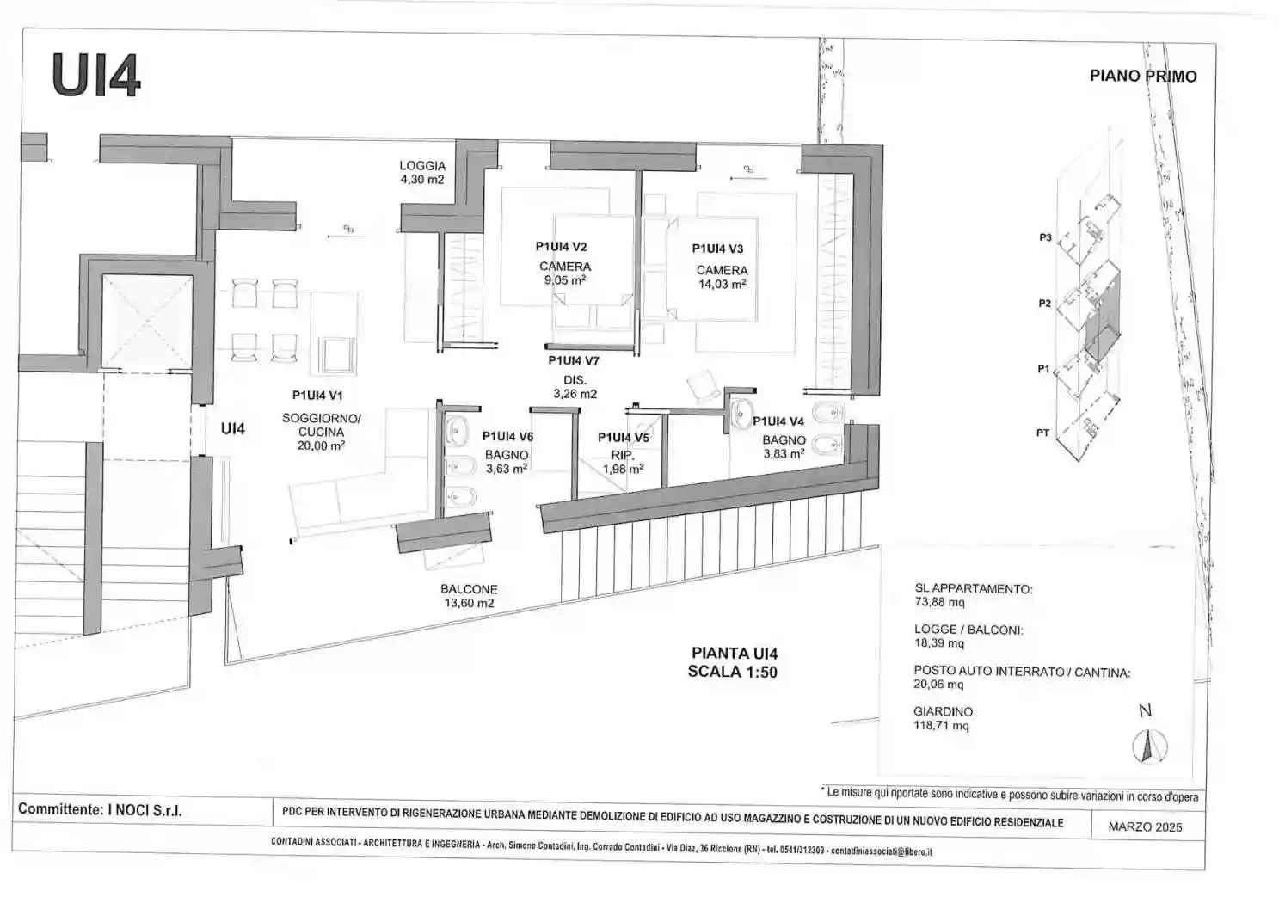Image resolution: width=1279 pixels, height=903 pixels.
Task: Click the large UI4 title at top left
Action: point(95,75)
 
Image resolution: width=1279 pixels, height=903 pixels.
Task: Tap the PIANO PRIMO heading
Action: point(1142,76)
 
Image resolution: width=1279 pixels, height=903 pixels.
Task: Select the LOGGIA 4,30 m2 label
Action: point(422,173)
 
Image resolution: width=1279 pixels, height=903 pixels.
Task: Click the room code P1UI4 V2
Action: point(561,247)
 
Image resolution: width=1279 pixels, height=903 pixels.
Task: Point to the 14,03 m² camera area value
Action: point(722,285)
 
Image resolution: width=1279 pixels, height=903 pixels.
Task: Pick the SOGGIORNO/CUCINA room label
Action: point(322,425)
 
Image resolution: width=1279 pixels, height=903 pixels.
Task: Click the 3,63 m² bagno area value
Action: point(506,469)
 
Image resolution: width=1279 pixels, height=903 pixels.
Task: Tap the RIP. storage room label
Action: point(622,455)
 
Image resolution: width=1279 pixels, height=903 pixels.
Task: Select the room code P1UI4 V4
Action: point(778,421)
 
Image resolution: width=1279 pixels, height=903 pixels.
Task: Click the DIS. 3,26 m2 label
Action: point(575,387)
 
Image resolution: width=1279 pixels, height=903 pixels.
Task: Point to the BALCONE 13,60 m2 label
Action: point(469,596)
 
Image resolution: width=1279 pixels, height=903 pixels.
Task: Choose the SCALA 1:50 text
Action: point(732,672)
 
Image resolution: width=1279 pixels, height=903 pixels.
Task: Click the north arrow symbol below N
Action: point(1147,745)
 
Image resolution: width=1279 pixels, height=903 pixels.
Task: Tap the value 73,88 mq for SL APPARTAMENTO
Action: point(939,603)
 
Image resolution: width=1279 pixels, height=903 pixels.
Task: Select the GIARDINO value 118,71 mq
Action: point(941,726)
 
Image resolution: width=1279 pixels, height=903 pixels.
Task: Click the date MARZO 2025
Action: point(1144,827)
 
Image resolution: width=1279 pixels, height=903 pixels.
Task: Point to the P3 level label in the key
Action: point(1045,237)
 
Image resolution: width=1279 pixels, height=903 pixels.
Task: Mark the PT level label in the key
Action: point(1042,433)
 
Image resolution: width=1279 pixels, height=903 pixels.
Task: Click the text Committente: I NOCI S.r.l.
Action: point(100,810)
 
